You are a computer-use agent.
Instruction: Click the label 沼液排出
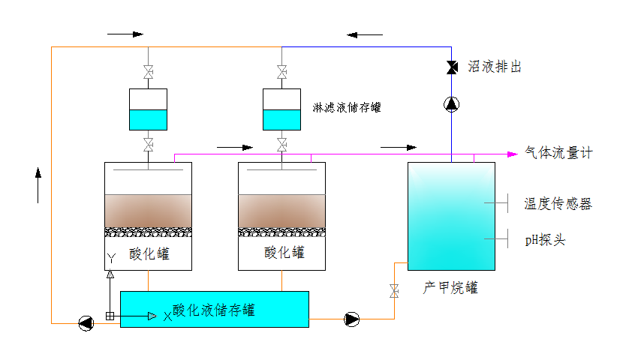point(495,67)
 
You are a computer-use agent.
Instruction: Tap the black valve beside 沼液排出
point(452,67)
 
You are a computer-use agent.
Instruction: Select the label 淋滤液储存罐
point(347,107)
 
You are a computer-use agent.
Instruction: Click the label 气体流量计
point(559,153)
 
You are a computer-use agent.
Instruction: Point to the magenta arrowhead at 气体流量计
point(513,154)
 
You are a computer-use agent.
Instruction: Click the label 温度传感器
point(558,203)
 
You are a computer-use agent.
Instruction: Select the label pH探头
point(545,240)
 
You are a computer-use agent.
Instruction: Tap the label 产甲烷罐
point(450,288)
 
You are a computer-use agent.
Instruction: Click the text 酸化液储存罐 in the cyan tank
point(214,309)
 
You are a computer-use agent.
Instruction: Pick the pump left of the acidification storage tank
point(87,323)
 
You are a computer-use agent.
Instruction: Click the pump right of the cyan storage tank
point(351,319)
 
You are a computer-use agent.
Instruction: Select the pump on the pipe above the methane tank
point(452,104)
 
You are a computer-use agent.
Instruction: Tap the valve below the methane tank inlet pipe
point(394,290)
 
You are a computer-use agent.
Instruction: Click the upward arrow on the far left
point(38,184)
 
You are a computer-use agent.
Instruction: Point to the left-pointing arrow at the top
point(365,34)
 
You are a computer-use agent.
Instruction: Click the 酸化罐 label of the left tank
point(149,253)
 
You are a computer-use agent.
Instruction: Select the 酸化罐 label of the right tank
point(284,252)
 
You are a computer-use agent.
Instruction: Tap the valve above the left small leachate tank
point(148,73)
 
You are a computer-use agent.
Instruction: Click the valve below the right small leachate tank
point(281,143)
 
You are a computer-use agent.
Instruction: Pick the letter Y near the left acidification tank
point(110,258)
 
